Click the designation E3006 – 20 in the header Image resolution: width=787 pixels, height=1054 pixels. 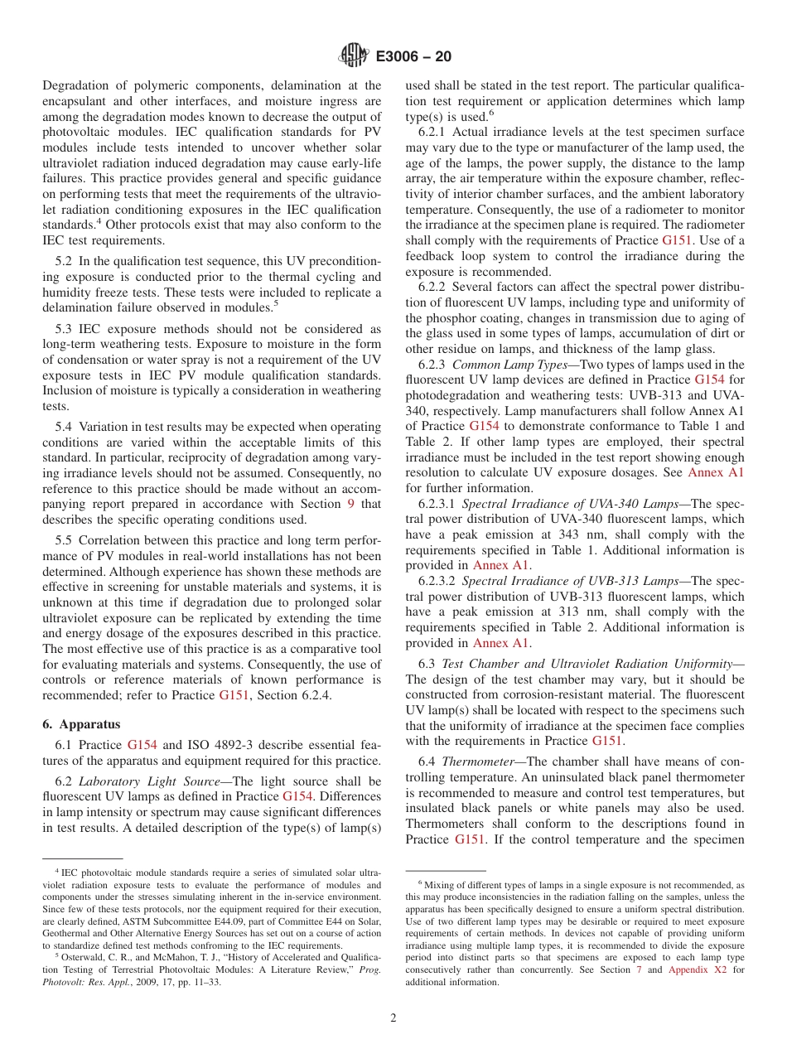coord(413,56)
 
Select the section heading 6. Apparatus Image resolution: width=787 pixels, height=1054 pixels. coord(81,723)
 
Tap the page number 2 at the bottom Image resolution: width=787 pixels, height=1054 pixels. coord(393,1018)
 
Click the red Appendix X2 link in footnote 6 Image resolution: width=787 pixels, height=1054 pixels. coord(698,969)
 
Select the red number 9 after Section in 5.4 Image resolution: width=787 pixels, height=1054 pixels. coord(350,504)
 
